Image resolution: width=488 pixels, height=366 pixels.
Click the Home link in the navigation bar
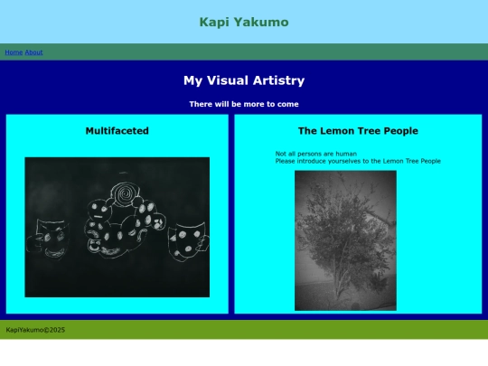pos(14,52)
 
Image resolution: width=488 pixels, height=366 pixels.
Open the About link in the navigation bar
pos(33,52)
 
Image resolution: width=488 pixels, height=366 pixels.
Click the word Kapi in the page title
pos(214,22)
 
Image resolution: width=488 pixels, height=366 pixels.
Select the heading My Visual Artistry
pos(244,80)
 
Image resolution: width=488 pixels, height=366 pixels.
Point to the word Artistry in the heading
pos(276,80)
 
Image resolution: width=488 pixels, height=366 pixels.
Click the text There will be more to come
pos(244,104)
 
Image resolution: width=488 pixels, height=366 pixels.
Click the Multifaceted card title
pos(117,131)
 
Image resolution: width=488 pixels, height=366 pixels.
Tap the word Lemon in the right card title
pos(336,131)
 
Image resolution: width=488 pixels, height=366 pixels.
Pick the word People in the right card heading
pos(399,131)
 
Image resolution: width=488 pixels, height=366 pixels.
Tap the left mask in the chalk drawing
pos(52,237)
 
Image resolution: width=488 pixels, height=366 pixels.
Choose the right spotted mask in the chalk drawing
pos(186,238)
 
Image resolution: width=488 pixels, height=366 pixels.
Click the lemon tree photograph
pos(345,239)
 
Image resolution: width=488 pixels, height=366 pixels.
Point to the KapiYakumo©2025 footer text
pos(35,330)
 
